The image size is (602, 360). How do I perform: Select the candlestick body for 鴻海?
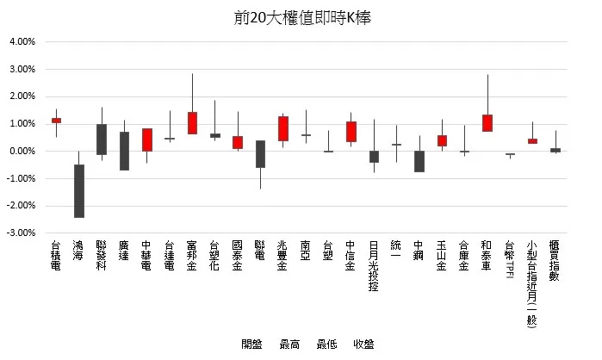coord(79,191)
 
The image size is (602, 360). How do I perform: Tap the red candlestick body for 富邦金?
coord(192,122)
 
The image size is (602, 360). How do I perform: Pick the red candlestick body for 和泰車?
coord(487,122)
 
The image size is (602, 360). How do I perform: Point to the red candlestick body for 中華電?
coord(147,140)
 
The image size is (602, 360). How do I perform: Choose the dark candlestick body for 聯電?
coord(260,153)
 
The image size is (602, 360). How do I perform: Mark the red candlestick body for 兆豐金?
coord(282,128)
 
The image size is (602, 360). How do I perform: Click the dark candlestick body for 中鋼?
coord(419,161)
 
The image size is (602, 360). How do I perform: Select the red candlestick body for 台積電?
coord(57,121)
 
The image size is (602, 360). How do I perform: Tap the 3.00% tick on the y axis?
coord(22,69)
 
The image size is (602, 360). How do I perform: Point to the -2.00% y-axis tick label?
coord(22,206)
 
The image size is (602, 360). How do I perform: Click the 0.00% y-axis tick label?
coord(22,151)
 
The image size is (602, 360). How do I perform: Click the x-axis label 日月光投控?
coord(374,268)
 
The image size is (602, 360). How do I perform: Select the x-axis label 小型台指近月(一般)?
coord(532,284)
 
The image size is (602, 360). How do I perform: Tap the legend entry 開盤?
coord(251,344)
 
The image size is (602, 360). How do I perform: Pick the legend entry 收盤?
coord(363,344)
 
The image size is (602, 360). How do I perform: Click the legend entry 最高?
coord(289,344)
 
